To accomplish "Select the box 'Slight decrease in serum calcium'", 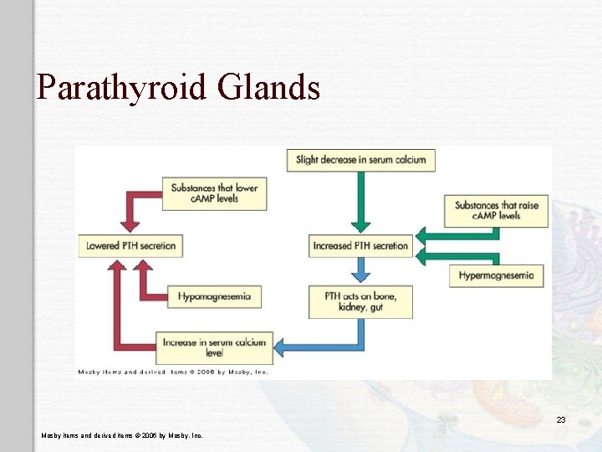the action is pos(360,159).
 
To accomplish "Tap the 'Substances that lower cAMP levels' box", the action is pos(215,193).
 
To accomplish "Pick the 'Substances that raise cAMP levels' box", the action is pos(497,210).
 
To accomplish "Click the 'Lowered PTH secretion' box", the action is pos(132,246).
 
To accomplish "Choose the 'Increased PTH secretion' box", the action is pos(360,246).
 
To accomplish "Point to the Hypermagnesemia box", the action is pos(497,275).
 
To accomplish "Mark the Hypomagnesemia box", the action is pos(214,296).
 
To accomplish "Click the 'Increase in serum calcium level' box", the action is pos(214,347).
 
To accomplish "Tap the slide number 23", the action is pos(561,419).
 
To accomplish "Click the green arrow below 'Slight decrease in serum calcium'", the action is pos(360,201).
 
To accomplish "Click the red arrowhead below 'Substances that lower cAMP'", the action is pos(130,223).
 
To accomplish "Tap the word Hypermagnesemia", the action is pos(497,275).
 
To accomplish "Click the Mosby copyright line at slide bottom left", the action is pos(122,435).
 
